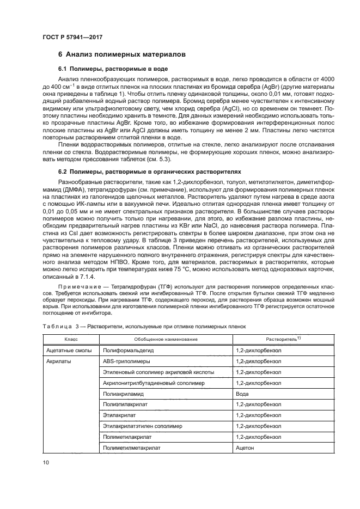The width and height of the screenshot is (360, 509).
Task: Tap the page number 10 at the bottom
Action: pyautogui.click(x=45, y=463)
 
